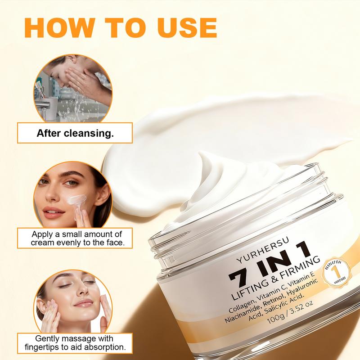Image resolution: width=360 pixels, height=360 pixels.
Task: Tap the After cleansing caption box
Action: coord(75,133)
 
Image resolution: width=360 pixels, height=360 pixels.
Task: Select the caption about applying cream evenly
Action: coord(75,238)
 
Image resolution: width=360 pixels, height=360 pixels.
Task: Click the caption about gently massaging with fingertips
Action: coord(75,343)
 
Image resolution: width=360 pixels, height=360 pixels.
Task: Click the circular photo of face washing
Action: coord(72,91)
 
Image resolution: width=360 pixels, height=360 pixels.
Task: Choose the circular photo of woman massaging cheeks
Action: coord(72,301)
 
